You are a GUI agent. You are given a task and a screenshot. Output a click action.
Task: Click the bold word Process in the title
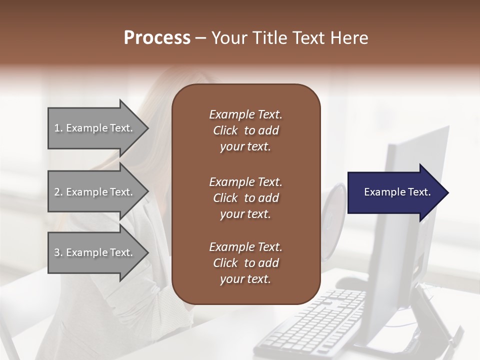[x=157, y=38]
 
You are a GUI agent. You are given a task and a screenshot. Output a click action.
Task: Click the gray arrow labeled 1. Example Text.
[x=95, y=128]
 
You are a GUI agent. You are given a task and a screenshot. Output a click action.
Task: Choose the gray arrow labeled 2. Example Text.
[x=95, y=192]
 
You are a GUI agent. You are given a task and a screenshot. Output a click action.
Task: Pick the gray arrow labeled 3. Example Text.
[x=95, y=252]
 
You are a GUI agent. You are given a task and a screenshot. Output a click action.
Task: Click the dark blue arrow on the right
[x=395, y=192]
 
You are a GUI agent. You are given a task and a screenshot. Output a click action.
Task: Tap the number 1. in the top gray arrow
[x=58, y=128]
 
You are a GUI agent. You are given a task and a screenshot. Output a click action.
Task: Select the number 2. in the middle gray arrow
[x=58, y=192]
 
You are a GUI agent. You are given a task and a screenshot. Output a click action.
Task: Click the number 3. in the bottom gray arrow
[x=58, y=252]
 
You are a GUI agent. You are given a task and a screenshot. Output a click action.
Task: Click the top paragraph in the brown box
[x=245, y=130]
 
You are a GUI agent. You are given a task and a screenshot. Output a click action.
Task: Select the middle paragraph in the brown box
[x=245, y=198]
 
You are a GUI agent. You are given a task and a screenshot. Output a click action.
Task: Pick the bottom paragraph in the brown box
[x=245, y=263]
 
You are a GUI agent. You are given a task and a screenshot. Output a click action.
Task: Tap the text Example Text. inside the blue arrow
[x=397, y=192]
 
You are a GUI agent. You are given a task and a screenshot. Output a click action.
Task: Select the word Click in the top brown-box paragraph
[x=225, y=130]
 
